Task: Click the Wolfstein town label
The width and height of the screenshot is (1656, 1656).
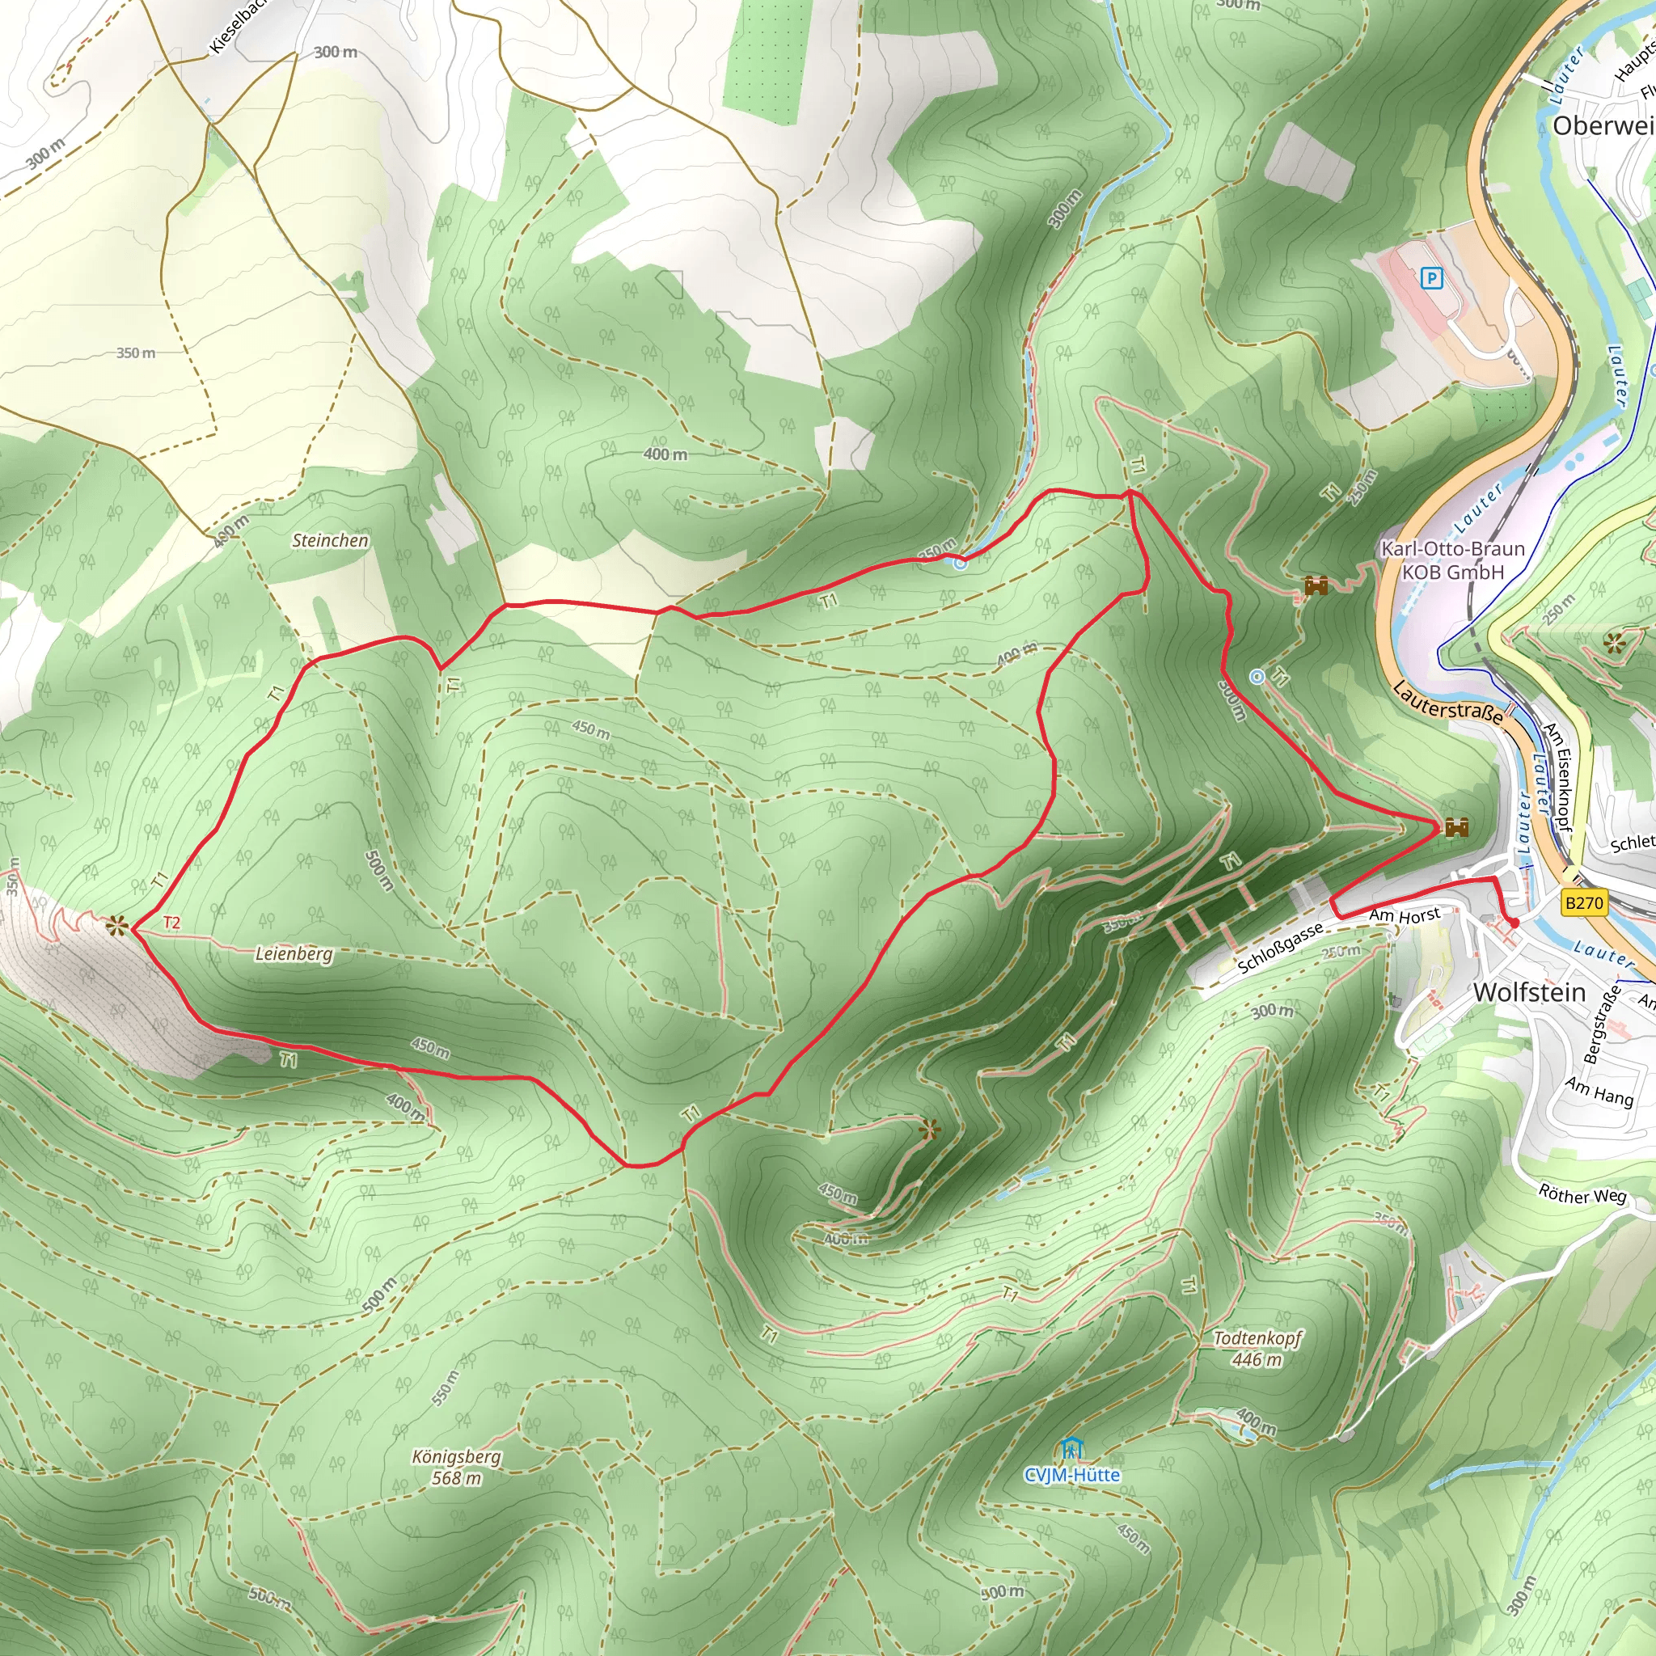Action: [1529, 993]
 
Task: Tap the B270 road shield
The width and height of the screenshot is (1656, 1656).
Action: [1583, 902]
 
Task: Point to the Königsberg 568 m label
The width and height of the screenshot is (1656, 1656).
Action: [456, 1467]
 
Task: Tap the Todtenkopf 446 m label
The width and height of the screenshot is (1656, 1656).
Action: [1257, 1348]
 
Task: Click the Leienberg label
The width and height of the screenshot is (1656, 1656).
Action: [294, 953]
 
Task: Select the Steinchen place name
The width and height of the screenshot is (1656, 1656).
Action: [330, 540]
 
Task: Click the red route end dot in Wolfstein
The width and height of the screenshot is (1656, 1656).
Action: [1514, 923]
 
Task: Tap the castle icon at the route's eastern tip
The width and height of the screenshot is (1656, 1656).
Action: [1456, 827]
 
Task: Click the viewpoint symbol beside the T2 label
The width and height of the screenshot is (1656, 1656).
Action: [117, 926]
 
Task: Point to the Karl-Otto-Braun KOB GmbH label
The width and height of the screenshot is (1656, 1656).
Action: [1453, 560]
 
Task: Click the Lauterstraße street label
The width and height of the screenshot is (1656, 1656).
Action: [1447, 703]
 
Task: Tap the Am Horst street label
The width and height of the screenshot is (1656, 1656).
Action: [1404, 915]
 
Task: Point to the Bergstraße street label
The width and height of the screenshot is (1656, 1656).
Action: [1602, 1024]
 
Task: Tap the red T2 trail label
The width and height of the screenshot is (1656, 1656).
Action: [171, 923]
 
